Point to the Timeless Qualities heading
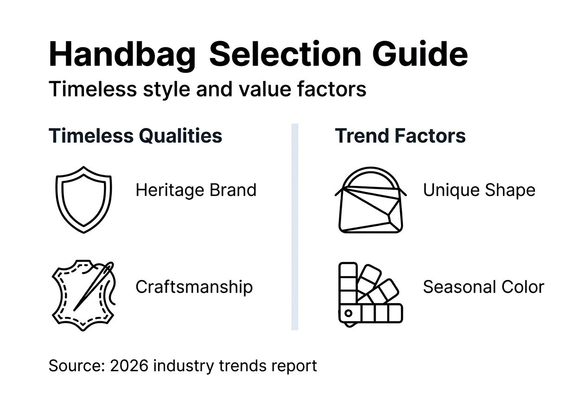135,136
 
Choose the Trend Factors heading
400,136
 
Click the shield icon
83,199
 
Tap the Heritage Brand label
196,190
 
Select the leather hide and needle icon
83,295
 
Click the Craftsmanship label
194,287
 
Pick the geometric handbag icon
370,204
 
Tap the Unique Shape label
479,190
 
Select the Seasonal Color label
483,287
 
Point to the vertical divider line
294,227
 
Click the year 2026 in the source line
129,366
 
